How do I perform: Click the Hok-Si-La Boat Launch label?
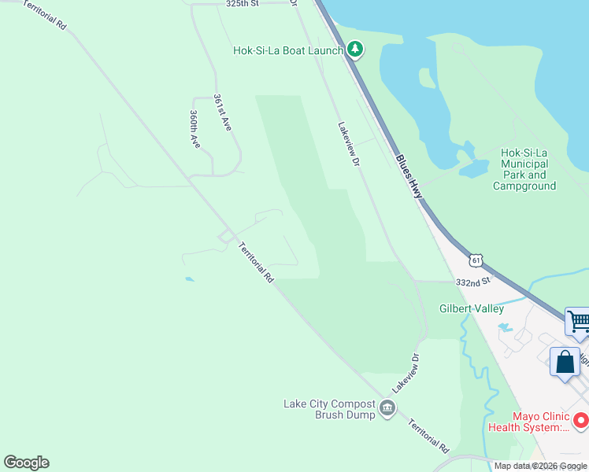287,50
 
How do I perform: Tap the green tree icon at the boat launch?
355,50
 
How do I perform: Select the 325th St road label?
242,4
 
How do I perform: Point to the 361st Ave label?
222,112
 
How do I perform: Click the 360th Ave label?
194,128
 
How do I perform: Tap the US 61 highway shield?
476,260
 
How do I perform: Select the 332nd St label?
472,281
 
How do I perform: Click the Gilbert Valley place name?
471,308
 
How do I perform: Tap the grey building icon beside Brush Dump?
387,407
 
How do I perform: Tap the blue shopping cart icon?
578,320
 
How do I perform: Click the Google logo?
26,463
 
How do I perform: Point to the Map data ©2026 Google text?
540,466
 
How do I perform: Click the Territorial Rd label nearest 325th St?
44,14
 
